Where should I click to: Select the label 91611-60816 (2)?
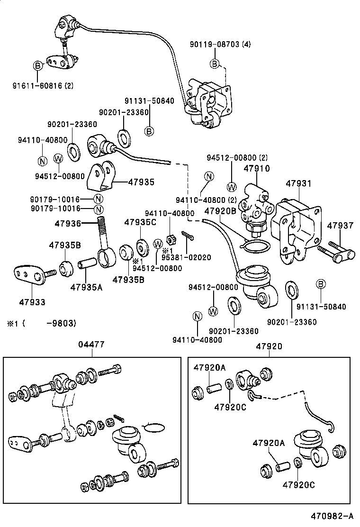tap(43, 86)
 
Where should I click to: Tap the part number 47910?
tap(256, 168)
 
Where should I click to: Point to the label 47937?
tap(340, 226)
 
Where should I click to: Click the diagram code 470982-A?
tap(332, 516)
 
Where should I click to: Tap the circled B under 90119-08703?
tap(215, 64)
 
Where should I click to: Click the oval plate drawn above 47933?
tap(28, 275)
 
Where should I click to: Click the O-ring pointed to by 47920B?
tap(256, 245)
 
